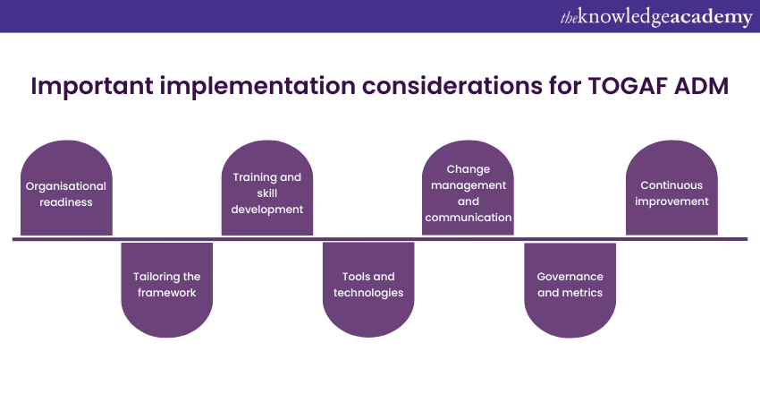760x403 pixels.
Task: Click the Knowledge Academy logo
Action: click(656, 17)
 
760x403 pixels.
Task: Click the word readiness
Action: click(66, 202)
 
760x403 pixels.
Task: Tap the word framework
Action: click(166, 293)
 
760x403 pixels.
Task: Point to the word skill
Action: click(267, 193)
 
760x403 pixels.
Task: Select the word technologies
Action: click(368, 293)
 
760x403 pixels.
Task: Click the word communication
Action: click(469, 218)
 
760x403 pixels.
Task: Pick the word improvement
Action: click(671, 201)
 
